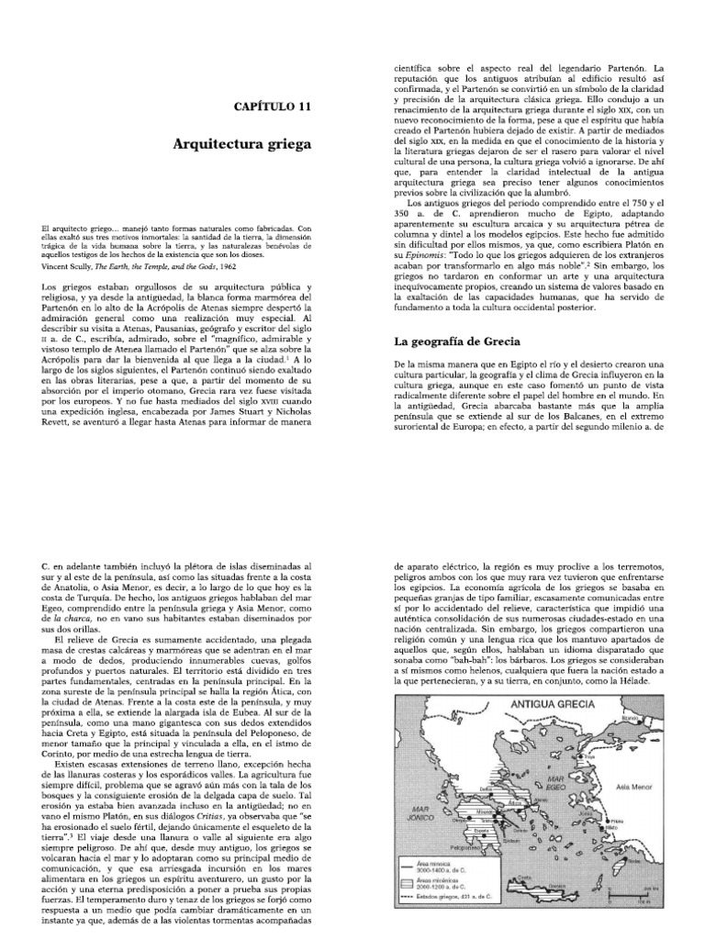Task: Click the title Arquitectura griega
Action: pos(242,144)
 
